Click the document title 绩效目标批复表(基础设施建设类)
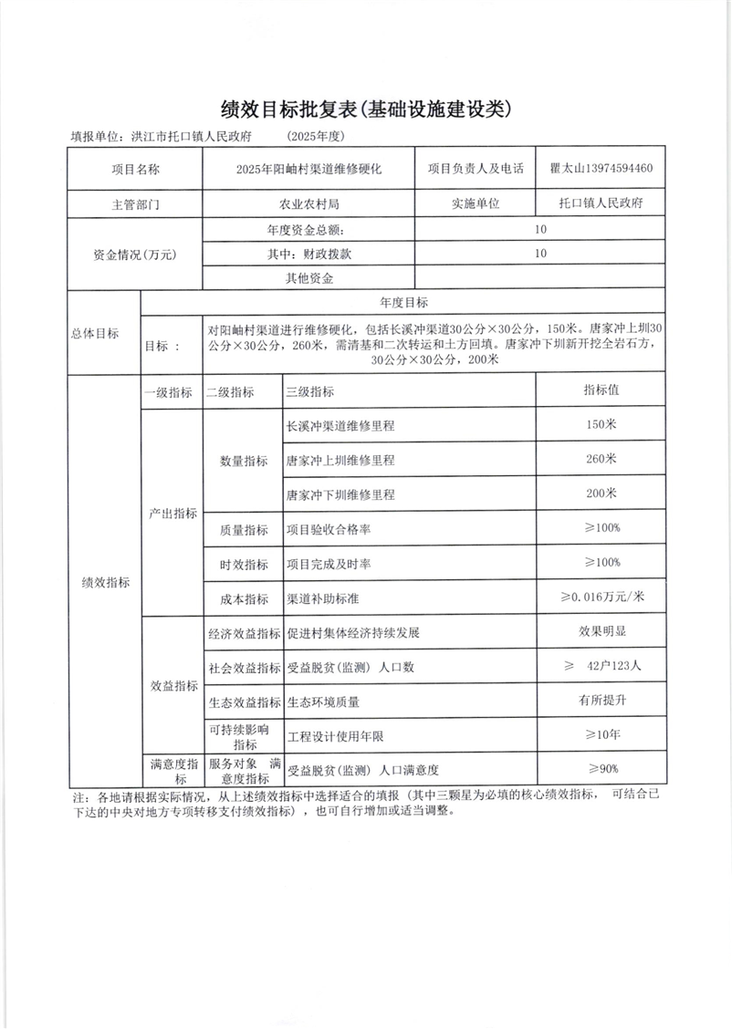point(365,109)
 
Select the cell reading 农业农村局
point(308,203)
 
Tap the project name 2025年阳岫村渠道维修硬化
point(308,169)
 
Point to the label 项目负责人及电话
point(475,169)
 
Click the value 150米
point(601,424)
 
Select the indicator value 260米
point(601,459)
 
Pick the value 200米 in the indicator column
point(601,494)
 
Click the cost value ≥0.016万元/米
point(602,598)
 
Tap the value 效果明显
point(601,631)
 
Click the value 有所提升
point(601,701)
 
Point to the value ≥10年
point(601,735)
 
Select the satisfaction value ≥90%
point(601,769)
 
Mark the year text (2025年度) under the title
point(315,137)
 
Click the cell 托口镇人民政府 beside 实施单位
point(599,203)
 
